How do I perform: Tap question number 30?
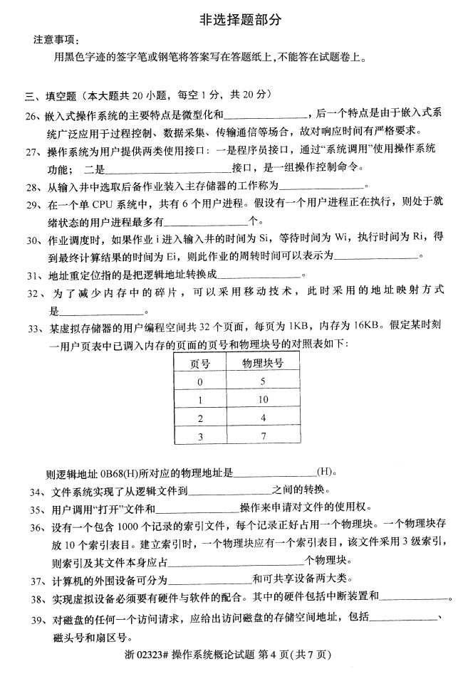tap(32, 239)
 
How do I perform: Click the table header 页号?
tap(200, 363)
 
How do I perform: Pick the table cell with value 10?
tap(263, 399)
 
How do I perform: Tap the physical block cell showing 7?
tap(263, 435)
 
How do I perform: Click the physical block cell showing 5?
tap(263, 381)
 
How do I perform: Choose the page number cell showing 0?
tap(200, 381)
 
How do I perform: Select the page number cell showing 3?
tap(200, 435)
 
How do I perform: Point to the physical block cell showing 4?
tap(263, 417)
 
